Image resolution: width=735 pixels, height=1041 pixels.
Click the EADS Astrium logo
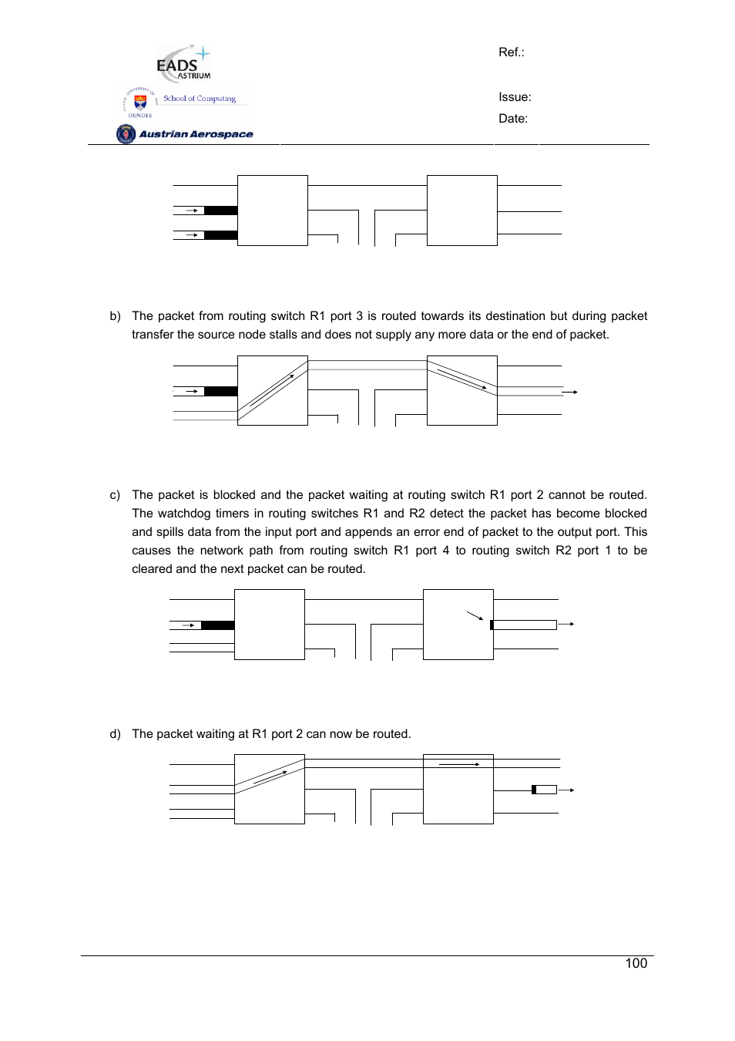point(183,63)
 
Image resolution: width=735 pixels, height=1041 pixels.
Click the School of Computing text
point(200,99)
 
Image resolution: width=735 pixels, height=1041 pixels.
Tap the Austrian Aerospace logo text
point(196,134)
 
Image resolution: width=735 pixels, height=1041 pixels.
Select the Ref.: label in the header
point(512,52)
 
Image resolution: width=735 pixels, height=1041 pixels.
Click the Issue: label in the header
point(515,97)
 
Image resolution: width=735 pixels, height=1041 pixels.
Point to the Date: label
point(513,119)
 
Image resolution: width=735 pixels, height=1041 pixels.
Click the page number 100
point(636,963)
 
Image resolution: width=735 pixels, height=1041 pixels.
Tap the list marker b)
point(116,316)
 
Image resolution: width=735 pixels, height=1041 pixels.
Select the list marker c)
point(116,495)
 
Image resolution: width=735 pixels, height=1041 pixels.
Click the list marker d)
point(116,734)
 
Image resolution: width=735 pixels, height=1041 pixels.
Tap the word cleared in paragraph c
point(152,569)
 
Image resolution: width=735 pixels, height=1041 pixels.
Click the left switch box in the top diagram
point(273,211)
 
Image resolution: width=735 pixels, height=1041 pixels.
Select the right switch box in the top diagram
point(462,211)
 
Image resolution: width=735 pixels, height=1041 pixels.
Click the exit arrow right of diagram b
point(570,392)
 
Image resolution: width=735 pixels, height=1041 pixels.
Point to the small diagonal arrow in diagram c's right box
point(475,615)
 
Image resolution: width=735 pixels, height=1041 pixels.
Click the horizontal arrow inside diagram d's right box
point(459,764)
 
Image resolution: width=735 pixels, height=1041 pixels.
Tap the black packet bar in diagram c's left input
point(218,625)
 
